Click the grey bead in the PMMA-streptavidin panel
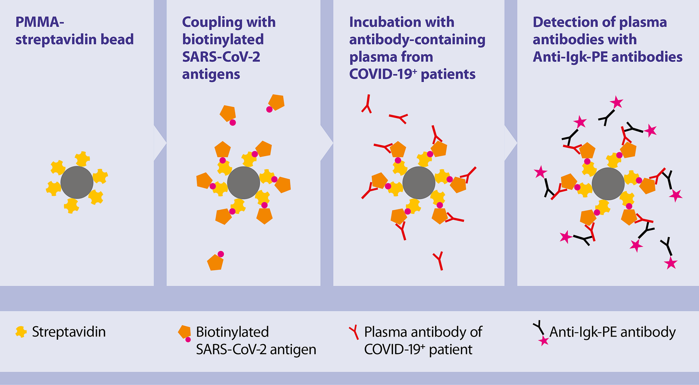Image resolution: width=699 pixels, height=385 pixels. (77, 182)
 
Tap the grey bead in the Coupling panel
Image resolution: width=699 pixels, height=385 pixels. (243, 182)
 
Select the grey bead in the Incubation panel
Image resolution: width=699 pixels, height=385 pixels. (419, 182)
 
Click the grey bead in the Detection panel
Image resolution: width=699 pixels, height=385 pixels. (608, 184)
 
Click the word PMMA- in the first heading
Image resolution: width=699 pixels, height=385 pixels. (39, 22)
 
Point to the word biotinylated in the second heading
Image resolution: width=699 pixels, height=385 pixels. (223, 40)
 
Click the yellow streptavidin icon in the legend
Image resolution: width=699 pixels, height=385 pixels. (21, 332)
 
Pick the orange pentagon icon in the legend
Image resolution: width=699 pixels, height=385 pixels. (184, 332)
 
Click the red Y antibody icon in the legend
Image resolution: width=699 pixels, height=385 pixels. (354, 332)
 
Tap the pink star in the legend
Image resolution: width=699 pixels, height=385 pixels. (543, 341)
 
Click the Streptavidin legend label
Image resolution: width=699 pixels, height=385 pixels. (69, 332)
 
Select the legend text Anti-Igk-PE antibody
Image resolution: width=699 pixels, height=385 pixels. (612, 332)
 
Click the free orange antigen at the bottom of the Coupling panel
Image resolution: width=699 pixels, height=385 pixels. (215, 262)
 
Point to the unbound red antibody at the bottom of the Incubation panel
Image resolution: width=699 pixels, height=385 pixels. (439, 260)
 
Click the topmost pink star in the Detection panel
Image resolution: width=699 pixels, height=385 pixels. (616, 102)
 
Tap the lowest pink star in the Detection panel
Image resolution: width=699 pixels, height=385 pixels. (671, 263)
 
